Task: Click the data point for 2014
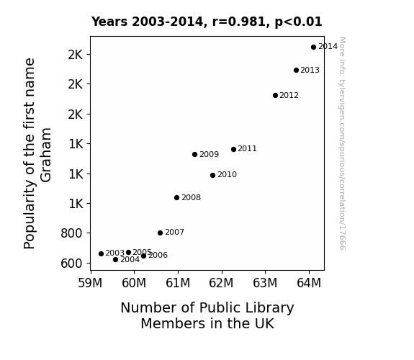[x=313, y=48]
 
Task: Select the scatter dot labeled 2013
[x=296, y=71]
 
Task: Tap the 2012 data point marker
[x=275, y=95]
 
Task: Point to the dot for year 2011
[x=233, y=150]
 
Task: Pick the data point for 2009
[x=194, y=155]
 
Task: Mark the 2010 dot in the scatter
[x=213, y=175]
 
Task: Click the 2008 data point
[x=176, y=197]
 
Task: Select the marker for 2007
[x=160, y=233]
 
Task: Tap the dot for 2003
[x=101, y=254]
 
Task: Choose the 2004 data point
[x=115, y=260]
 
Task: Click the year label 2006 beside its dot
[x=158, y=255]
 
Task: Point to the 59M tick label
[x=90, y=283]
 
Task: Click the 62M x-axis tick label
[x=221, y=283]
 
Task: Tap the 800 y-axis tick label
[x=71, y=233]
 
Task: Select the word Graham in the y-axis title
[x=45, y=155]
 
